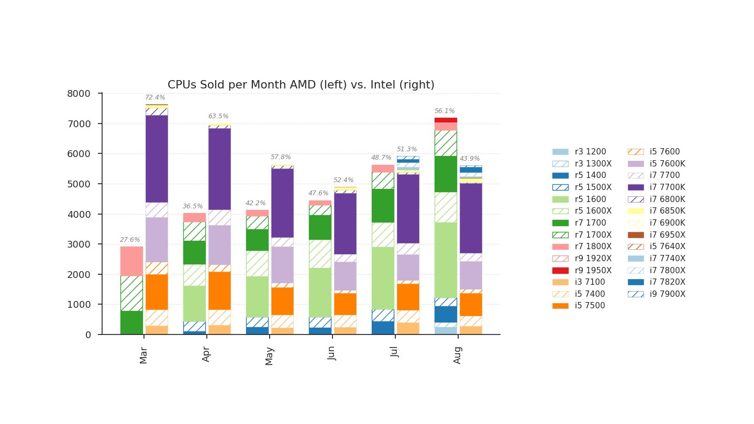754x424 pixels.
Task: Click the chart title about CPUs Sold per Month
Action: [301, 85]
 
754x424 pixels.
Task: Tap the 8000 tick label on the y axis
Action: [79, 94]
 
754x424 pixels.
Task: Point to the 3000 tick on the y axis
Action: [79, 244]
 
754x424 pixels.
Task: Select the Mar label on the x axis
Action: [144, 353]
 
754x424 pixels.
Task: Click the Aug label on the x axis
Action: [458, 353]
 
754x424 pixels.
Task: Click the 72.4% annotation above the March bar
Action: [155, 97]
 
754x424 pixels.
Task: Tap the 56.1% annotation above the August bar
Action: [445, 111]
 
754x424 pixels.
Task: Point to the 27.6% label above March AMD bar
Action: [130, 240]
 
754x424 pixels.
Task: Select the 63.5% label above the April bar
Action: [218, 116]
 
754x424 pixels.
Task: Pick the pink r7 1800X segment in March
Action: [131, 261]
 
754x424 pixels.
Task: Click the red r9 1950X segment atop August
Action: [445, 120]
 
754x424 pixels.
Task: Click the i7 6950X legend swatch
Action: [635, 235]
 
